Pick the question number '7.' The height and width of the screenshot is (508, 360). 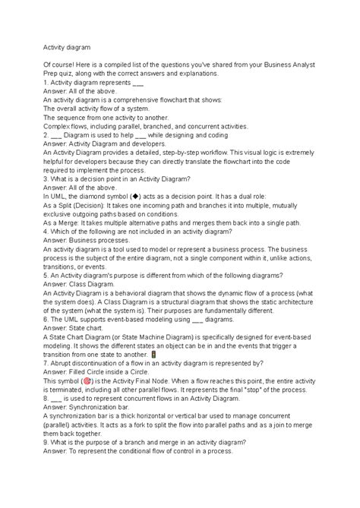46,363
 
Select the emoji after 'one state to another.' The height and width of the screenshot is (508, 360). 153,355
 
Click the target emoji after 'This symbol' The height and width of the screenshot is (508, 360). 90,382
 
